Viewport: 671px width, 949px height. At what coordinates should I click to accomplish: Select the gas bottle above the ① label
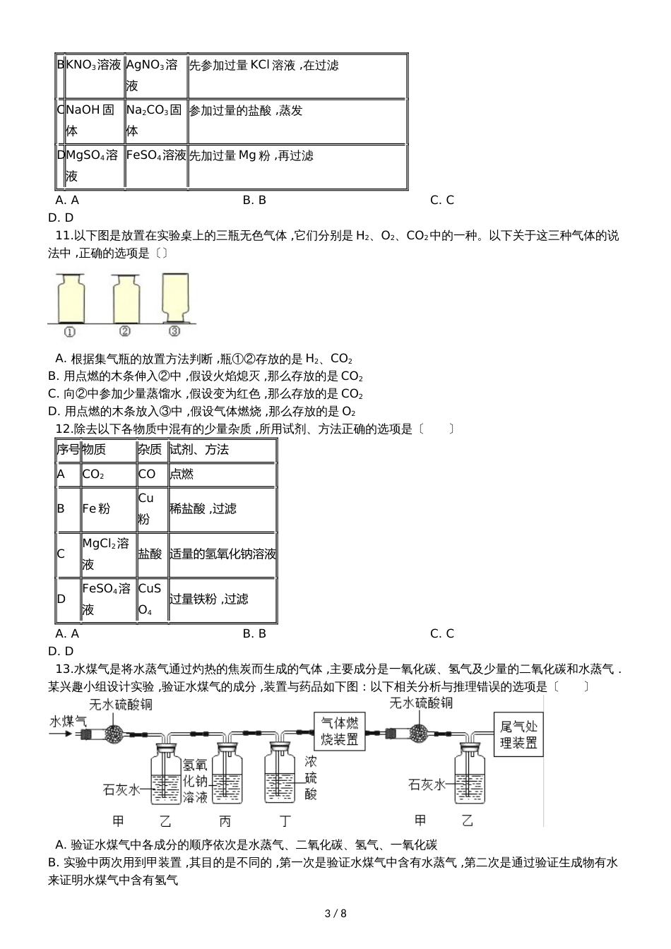click(70, 298)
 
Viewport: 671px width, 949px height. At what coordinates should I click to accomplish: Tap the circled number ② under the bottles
click(124, 330)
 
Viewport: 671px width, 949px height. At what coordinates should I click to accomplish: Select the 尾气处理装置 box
click(518, 734)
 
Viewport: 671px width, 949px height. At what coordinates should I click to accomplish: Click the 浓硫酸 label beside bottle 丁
click(311, 777)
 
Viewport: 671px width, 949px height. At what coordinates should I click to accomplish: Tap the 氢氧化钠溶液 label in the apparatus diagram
click(195, 781)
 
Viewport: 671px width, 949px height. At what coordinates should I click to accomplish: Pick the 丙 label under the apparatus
click(225, 820)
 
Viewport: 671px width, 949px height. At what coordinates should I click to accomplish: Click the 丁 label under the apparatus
click(285, 820)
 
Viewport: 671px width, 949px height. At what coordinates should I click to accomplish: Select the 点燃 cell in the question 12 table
click(182, 474)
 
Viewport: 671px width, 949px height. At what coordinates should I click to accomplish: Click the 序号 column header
click(69, 450)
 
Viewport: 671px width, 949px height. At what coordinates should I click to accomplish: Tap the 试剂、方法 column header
click(199, 450)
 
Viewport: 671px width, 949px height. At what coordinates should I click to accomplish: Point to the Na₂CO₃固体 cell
click(155, 120)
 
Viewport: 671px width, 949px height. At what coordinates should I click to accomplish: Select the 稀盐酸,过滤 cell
click(203, 508)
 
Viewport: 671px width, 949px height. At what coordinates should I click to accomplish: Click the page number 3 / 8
click(335, 914)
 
